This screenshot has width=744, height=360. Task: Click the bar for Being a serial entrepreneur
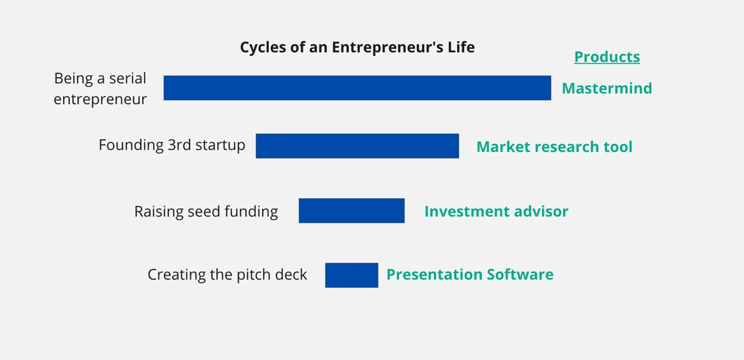point(357,88)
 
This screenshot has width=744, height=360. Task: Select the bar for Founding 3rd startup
point(357,146)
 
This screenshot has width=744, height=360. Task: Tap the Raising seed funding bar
point(351,211)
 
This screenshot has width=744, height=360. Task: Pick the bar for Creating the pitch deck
point(351,275)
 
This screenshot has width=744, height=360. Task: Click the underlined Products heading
point(607,57)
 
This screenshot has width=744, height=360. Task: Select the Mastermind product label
point(607,88)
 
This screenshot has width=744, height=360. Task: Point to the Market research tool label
point(554,147)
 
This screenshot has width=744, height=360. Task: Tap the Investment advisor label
point(496,212)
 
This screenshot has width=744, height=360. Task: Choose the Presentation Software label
point(469,275)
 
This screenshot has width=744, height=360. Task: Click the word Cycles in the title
point(260,48)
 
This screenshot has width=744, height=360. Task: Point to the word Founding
point(131,145)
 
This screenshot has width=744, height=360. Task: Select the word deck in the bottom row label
point(292,275)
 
